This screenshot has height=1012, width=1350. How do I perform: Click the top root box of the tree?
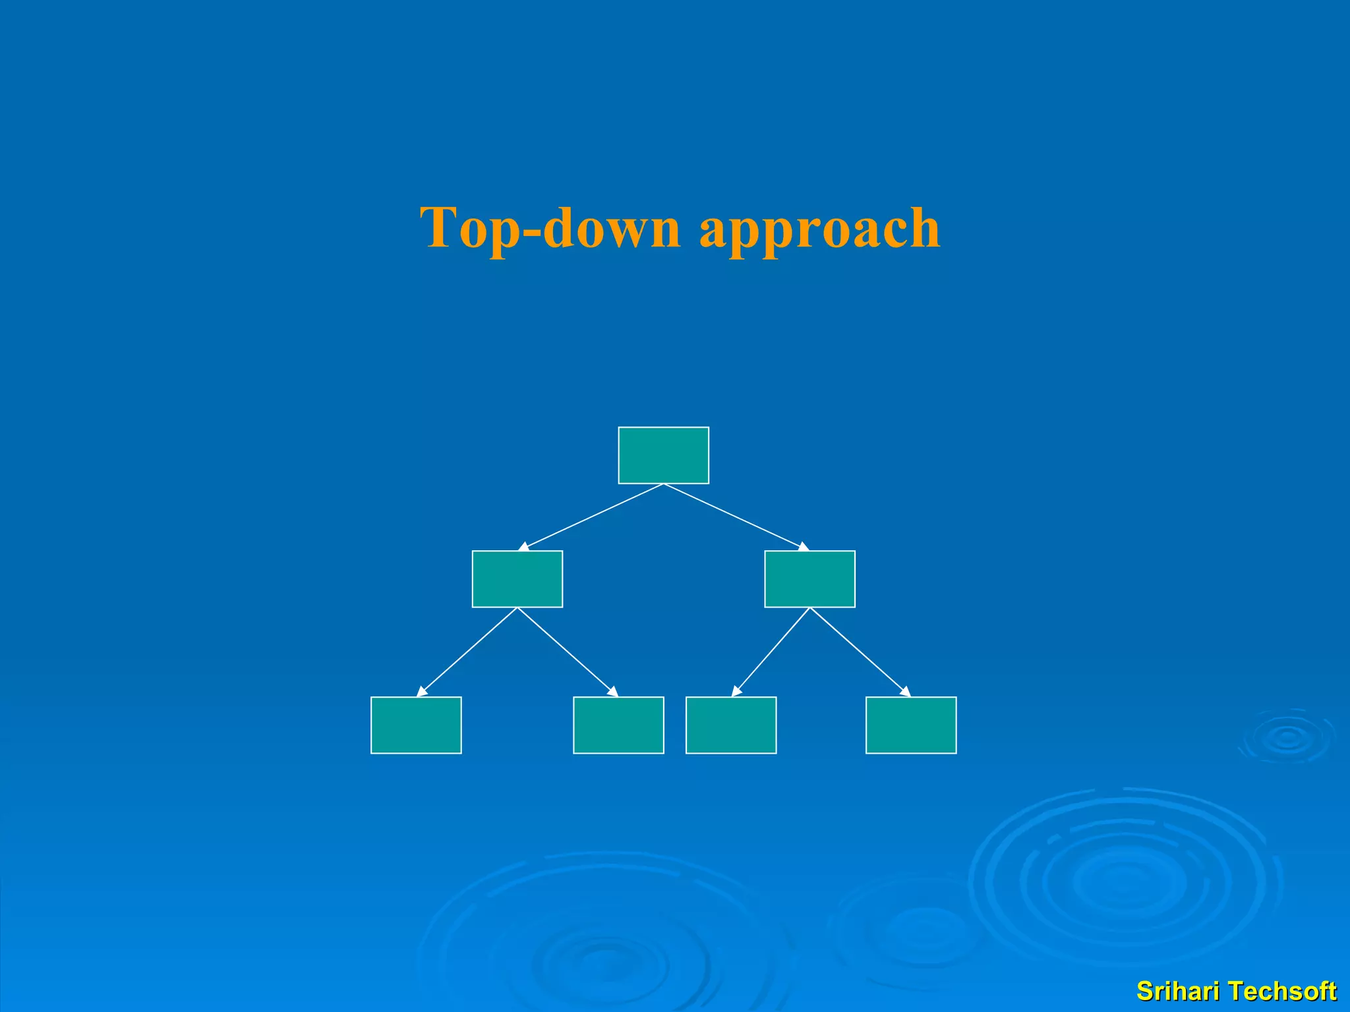pos(663,455)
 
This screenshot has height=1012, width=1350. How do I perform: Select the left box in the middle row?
pos(517,578)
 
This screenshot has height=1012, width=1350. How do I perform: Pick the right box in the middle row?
pos(809,578)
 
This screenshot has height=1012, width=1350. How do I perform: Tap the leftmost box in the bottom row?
pos(416,725)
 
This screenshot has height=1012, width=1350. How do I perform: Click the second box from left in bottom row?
pos(618,725)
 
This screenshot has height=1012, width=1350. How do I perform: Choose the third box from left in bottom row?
pos(731,725)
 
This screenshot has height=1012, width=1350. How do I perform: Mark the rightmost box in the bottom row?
pos(911,725)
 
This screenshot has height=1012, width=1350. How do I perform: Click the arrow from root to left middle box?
pos(591,517)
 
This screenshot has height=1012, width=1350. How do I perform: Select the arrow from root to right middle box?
pos(736,517)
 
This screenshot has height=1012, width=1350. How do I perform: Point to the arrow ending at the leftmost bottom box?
pos(467,652)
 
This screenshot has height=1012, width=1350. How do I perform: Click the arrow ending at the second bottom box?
pos(568,652)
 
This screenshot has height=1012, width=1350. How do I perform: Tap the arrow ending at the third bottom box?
pos(771,652)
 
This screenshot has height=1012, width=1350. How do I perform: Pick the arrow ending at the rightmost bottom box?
pos(860,652)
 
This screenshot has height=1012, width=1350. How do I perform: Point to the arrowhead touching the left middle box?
pos(524,547)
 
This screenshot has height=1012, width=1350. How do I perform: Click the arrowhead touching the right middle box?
pos(803,547)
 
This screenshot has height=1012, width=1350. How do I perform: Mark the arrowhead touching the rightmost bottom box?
pos(906,692)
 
